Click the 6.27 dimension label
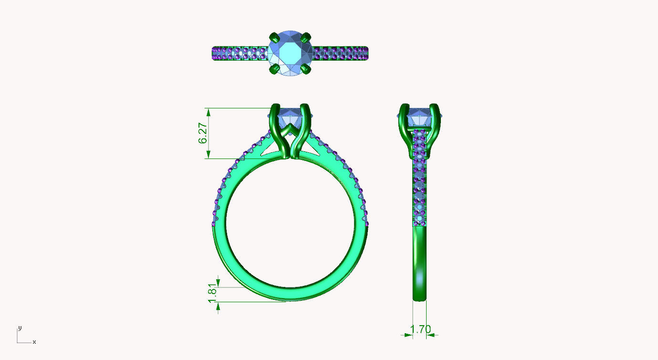pos(203,133)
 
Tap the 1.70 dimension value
pos(420,329)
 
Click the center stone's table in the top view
pos(290,53)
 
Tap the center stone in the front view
pos(291,116)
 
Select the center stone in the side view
pos(418,117)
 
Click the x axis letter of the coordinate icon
pos(34,342)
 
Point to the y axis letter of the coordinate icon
pos(20,328)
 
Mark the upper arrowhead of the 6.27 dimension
pos(208,112)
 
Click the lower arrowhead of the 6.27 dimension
pos(208,155)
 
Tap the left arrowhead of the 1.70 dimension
pos(408,335)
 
